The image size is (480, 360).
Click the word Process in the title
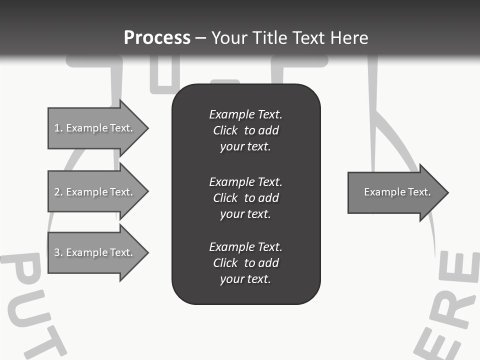[157, 37]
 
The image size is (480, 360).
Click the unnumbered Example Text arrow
[397, 192]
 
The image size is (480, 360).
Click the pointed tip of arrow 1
[146, 128]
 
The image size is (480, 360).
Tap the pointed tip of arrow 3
[146, 252]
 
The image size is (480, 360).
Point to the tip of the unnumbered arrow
[446, 192]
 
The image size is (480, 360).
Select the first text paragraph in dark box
[245, 130]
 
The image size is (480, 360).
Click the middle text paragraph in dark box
[245, 197]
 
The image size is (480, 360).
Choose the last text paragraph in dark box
[245, 263]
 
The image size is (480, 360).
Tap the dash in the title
[201, 38]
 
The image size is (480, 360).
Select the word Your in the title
[228, 37]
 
